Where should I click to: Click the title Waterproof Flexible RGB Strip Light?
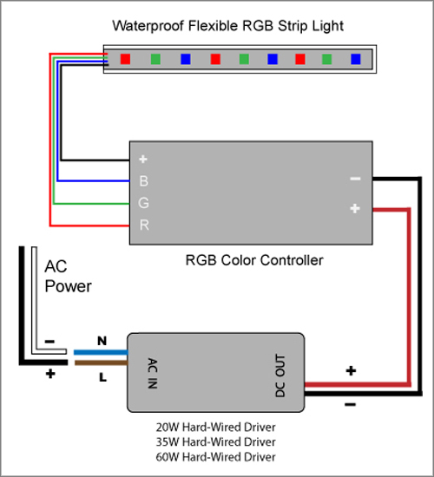(x=227, y=26)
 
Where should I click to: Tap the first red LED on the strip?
(x=125, y=59)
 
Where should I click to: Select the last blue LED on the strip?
(x=355, y=59)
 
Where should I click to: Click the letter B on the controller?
(x=144, y=181)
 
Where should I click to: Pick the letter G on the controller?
(x=143, y=203)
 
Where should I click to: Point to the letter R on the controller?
(x=144, y=225)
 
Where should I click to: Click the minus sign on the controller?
(x=355, y=179)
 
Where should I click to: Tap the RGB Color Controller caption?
(x=254, y=260)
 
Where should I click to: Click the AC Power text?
(x=68, y=277)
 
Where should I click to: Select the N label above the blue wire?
(x=102, y=341)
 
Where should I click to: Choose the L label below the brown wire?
(x=103, y=377)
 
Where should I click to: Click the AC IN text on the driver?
(x=152, y=373)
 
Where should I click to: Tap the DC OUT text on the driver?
(x=280, y=376)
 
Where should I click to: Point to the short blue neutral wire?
(x=101, y=353)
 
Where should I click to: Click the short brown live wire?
(x=101, y=363)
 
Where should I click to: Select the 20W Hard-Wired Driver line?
(x=215, y=428)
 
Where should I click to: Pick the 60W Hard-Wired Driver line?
(x=215, y=457)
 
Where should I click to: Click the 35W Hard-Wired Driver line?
(x=215, y=442)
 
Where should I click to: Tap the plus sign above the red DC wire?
(x=351, y=371)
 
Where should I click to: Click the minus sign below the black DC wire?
(x=351, y=404)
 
